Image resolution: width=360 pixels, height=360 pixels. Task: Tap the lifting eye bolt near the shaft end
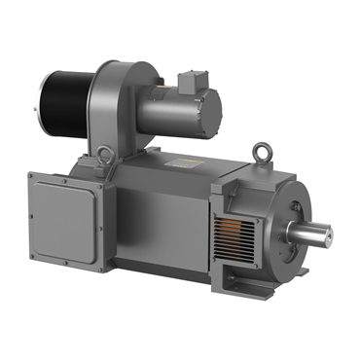coord(260,153)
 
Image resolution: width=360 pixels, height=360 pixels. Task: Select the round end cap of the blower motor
coord(207,104)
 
